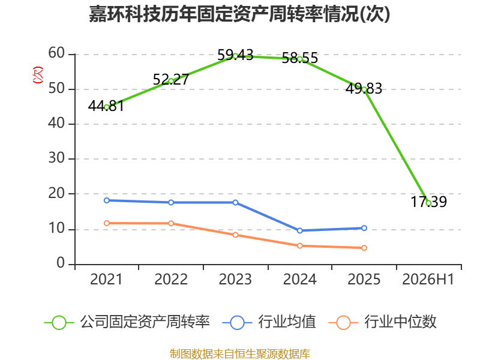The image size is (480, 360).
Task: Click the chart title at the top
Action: [239, 14]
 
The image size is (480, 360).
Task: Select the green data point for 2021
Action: [107, 107]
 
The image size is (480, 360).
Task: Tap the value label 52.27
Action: [171, 80]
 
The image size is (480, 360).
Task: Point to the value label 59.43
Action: [235, 55]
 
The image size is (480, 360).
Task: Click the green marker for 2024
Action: [299, 59]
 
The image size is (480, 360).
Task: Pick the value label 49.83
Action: [364, 89]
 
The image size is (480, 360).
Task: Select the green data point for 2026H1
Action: [428, 203]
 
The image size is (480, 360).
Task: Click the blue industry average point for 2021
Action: [107, 200]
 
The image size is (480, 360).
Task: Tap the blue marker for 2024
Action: [299, 230]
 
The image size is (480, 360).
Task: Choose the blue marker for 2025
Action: [364, 228]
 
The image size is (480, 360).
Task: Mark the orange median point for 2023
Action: [235, 235]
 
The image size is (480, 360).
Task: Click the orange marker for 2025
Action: [364, 248]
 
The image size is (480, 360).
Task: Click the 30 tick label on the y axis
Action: [56, 158]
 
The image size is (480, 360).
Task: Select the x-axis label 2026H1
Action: [428, 280]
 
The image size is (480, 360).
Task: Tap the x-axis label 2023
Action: [235, 280]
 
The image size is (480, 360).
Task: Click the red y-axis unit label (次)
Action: [38, 75]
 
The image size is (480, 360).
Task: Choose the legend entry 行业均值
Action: [269, 322]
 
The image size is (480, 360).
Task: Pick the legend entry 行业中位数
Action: [383, 322]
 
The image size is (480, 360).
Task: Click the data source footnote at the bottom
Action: [240, 354]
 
